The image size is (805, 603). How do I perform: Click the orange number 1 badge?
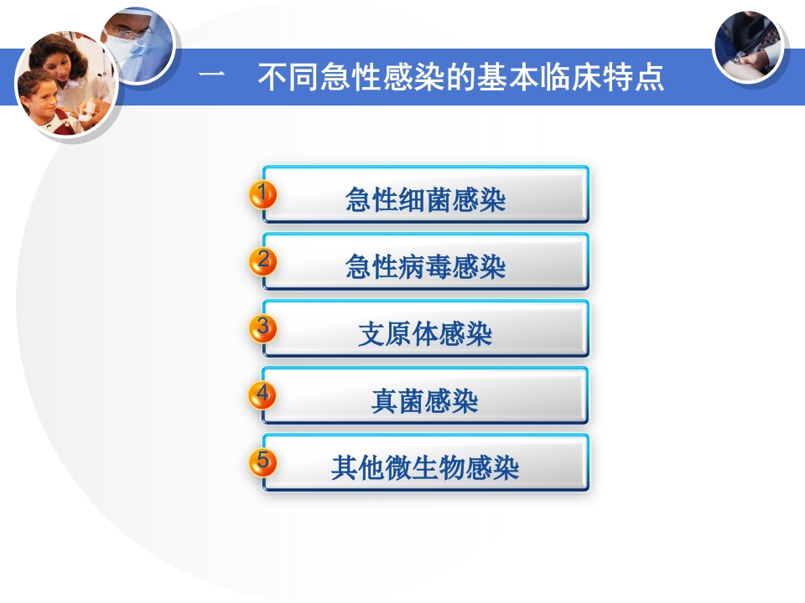point(263,195)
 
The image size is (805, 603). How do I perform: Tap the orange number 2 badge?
point(263,261)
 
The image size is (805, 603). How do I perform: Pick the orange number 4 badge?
point(263,394)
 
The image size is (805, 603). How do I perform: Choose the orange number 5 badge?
point(263,461)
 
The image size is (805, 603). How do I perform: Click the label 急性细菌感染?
point(425,200)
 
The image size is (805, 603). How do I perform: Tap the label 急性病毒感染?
point(425,267)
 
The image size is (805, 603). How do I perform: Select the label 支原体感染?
point(425,334)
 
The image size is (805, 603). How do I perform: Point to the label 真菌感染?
point(425,401)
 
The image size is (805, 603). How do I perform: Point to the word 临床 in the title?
point(584,77)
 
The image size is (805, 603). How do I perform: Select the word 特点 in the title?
point(638,77)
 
